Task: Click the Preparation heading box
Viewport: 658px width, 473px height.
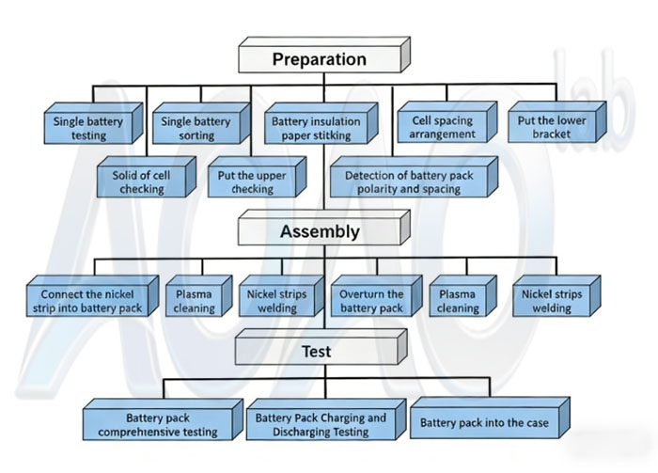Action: (320, 59)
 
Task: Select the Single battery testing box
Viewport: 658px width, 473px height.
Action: (89, 128)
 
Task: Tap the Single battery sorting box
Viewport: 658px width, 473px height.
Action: (195, 128)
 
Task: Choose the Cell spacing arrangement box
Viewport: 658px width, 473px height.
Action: (441, 128)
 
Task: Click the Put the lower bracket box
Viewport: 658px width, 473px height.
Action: (552, 127)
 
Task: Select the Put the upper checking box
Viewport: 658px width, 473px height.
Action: (251, 182)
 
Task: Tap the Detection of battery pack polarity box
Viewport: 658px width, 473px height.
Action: (409, 182)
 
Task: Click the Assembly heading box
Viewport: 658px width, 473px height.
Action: (320, 231)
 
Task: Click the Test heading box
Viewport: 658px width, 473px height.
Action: (316, 353)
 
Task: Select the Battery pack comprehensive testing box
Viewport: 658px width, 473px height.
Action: (158, 424)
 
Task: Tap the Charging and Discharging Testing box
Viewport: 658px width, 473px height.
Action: (321, 424)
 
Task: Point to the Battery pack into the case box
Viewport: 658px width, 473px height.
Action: (484, 423)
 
